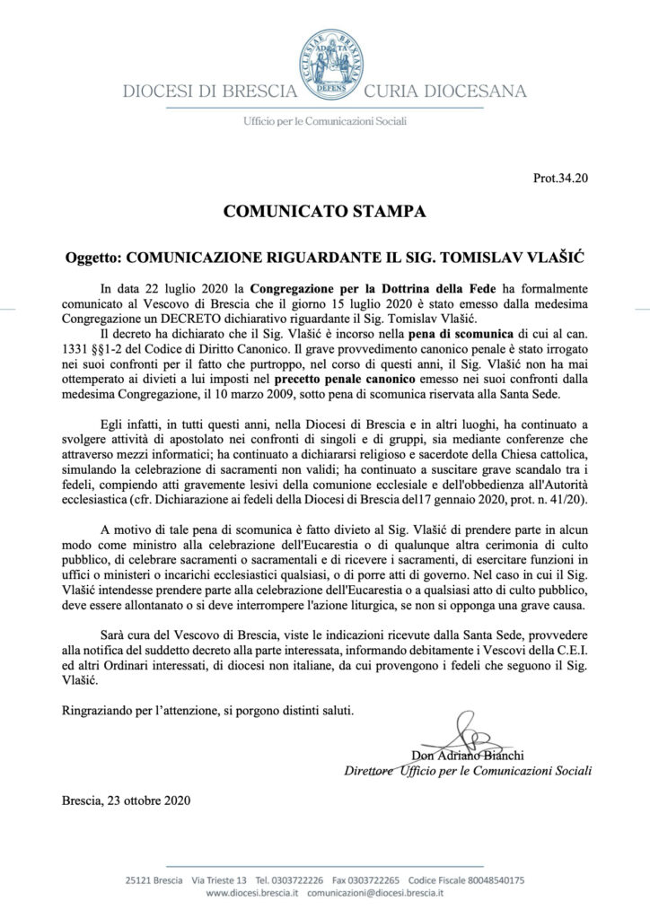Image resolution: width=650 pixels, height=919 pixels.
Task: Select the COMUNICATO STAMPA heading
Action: pyautogui.click(x=324, y=213)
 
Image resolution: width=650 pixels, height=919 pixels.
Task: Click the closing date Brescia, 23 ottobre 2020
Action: pyautogui.click(x=127, y=799)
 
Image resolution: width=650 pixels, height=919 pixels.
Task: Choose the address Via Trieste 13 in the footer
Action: pyautogui.click(x=200, y=881)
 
